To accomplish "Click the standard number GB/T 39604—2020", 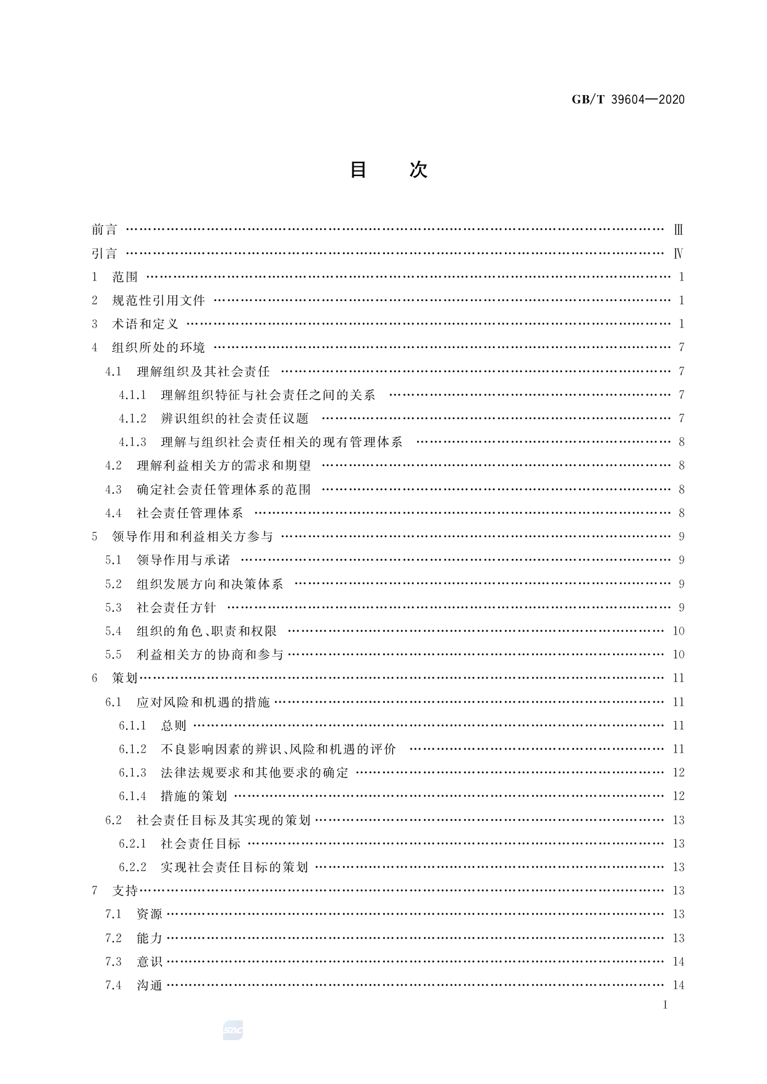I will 627,100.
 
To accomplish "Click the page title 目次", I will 388,170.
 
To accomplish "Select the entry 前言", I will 104,230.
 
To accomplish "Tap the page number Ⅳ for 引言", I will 678,253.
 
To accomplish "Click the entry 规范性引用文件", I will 158,300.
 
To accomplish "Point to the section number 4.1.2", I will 132,418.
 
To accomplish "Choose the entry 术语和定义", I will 145,324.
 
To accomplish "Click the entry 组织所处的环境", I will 158,347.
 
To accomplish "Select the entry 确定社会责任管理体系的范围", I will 224,489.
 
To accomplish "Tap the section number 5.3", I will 113,608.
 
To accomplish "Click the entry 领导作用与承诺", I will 183,560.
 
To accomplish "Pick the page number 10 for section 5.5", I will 678,654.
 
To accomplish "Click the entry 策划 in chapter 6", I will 124,678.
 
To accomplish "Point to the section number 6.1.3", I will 132,773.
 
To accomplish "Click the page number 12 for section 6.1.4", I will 678,796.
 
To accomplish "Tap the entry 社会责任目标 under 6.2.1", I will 201,844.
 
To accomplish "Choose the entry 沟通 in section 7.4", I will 150,985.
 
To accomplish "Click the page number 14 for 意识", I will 678,962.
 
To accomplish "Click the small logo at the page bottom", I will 233,1030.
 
